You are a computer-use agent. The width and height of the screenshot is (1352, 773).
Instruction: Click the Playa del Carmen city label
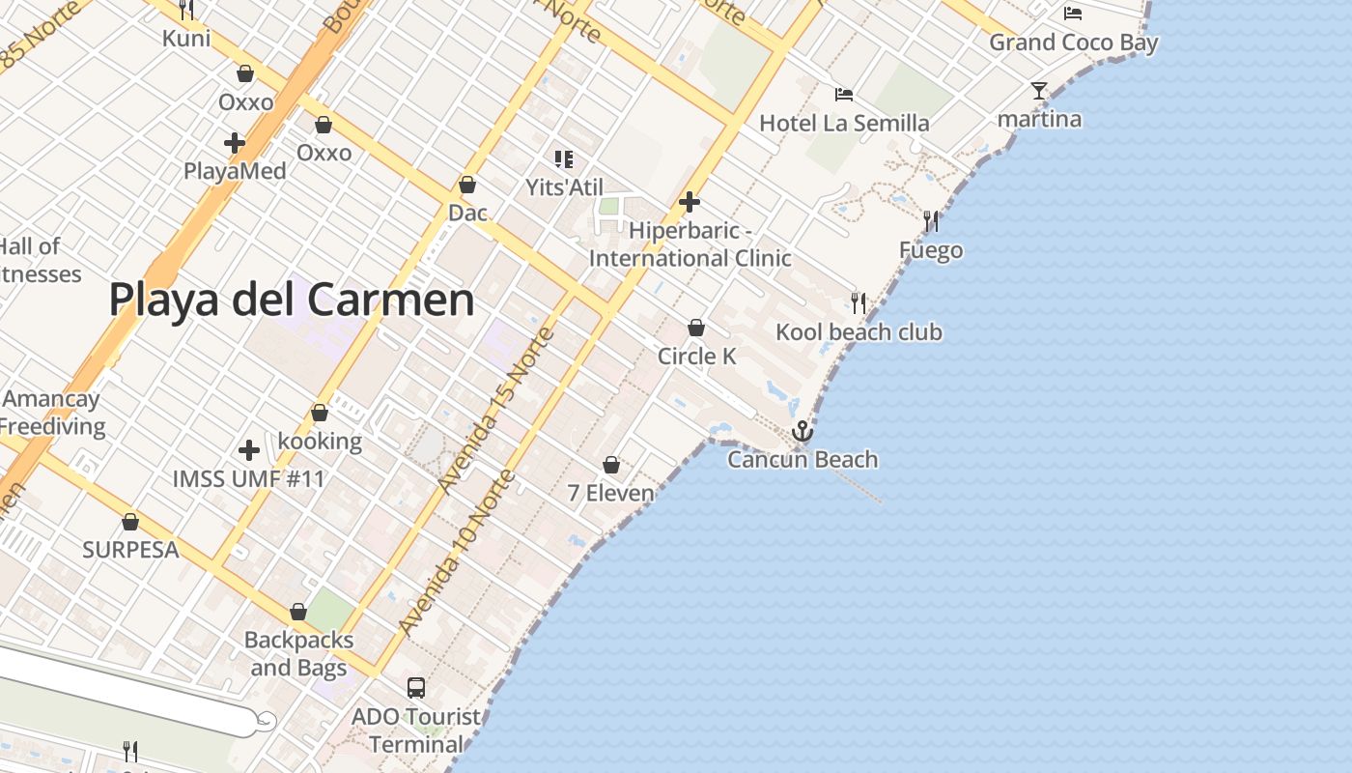click(292, 300)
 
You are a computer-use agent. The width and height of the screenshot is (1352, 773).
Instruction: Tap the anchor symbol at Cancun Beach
click(803, 431)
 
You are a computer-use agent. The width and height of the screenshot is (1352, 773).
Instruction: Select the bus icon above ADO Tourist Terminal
click(416, 688)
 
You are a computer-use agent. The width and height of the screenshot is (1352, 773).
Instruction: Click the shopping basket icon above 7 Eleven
click(611, 465)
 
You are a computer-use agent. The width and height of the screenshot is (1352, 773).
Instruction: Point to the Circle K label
click(696, 357)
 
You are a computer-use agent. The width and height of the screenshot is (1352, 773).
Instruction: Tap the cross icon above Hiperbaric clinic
click(690, 202)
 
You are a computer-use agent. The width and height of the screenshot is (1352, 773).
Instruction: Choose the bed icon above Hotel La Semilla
click(844, 95)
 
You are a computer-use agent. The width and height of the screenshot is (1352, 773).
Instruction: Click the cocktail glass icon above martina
click(1039, 91)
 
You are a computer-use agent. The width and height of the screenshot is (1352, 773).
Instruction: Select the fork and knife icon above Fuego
click(931, 221)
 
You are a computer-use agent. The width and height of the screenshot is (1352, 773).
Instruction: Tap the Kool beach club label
click(859, 332)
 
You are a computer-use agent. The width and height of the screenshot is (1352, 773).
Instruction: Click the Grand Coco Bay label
click(1073, 43)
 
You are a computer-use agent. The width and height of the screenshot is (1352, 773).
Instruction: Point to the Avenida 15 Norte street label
click(496, 411)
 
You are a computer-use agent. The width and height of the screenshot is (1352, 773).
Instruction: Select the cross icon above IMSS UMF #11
click(249, 450)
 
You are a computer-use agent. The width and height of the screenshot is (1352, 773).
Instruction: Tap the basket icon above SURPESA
click(130, 522)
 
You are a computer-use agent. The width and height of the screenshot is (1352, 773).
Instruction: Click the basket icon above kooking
click(320, 413)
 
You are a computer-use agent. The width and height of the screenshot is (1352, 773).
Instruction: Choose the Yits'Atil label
click(564, 186)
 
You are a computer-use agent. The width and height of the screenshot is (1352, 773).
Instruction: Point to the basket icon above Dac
click(467, 184)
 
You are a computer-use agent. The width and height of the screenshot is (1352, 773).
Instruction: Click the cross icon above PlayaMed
click(235, 143)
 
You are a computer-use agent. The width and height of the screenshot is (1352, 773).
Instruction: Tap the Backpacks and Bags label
click(298, 654)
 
